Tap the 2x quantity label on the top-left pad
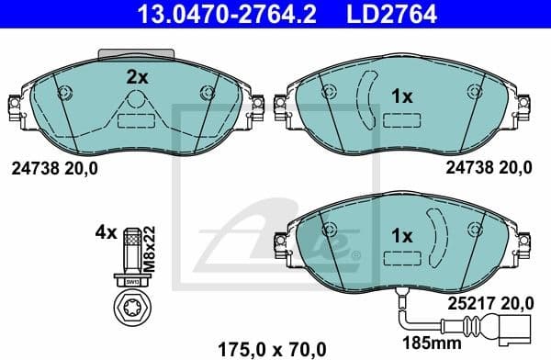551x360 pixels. (x=137, y=78)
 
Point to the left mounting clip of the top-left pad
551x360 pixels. (x=14, y=112)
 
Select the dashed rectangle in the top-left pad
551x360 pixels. (x=136, y=120)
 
